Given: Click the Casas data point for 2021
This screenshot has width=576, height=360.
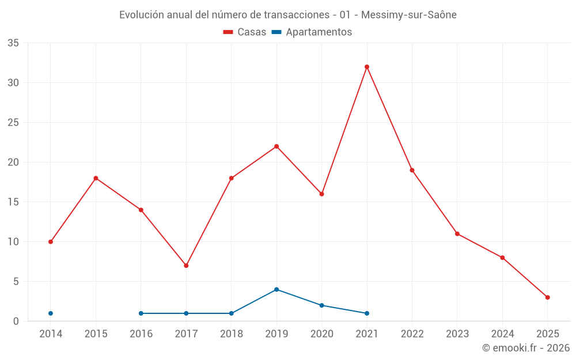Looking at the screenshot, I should pyautogui.click(x=367, y=67).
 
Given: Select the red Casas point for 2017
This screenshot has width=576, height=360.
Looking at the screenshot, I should pyautogui.click(x=186, y=266).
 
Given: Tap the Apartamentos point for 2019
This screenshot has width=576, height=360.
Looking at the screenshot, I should pyautogui.click(x=276, y=289).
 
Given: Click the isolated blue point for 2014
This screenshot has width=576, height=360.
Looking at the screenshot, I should pyautogui.click(x=51, y=313).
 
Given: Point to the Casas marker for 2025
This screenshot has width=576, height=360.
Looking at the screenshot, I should pyautogui.click(x=548, y=297).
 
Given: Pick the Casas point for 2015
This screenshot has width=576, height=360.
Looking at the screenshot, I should pyautogui.click(x=96, y=178).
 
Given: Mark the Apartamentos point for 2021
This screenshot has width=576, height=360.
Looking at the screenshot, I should pyautogui.click(x=367, y=313).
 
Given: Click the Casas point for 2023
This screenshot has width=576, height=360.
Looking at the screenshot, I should pyautogui.click(x=457, y=234).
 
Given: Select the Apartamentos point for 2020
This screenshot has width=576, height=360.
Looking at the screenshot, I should pyautogui.click(x=321, y=305).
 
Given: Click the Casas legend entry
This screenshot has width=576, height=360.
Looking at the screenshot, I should pyautogui.click(x=245, y=32).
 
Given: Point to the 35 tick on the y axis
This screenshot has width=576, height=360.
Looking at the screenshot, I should pyautogui.click(x=13, y=43).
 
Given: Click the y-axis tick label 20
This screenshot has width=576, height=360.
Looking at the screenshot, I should pyautogui.click(x=13, y=162).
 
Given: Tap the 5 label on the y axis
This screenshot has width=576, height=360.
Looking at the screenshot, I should pyautogui.click(x=16, y=282).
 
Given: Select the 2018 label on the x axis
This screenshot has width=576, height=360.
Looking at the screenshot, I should pyautogui.click(x=231, y=334).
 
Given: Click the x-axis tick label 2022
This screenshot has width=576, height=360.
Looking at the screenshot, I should pyautogui.click(x=412, y=334).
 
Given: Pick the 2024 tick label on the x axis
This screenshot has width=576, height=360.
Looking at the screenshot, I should pyautogui.click(x=502, y=334).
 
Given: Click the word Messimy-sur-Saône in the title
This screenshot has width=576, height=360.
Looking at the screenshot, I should pyautogui.click(x=408, y=15).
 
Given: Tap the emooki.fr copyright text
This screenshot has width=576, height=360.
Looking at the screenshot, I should pyautogui.click(x=526, y=348).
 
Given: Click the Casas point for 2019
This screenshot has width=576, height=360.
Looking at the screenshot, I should pyautogui.click(x=276, y=146).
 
